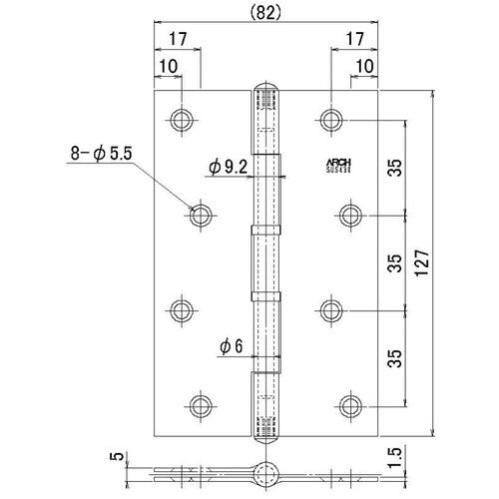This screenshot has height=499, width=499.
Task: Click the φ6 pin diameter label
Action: [229, 346]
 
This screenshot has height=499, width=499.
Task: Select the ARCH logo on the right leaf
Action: [341, 161]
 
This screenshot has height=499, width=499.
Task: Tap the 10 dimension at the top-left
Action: [166, 67]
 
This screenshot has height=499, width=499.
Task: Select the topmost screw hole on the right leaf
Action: [332, 120]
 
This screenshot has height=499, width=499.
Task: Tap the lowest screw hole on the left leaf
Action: [200, 404]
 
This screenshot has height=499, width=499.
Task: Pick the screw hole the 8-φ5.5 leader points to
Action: [200, 213]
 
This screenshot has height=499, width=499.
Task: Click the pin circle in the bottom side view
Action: [265, 474]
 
